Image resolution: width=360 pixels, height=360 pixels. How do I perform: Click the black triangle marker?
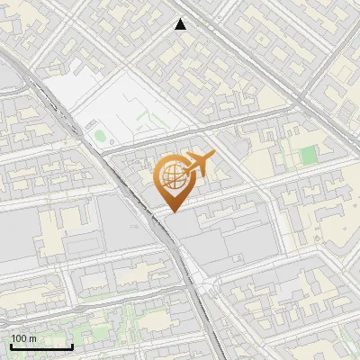[x=181, y=24]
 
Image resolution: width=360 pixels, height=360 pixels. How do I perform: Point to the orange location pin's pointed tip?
[x=172, y=212]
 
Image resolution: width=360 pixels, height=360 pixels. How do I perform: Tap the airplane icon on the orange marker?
[x=199, y=164]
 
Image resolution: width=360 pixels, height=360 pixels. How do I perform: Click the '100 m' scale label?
[x=23, y=338]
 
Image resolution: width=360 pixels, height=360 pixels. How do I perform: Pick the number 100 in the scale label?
[x=19, y=338]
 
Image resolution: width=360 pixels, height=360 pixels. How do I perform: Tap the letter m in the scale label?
[x=32, y=338]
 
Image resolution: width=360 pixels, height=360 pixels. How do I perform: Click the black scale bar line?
[x=41, y=346]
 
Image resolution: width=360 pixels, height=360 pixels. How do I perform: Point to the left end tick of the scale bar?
[x=11, y=345]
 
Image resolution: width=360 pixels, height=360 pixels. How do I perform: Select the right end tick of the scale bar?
[x=72, y=345]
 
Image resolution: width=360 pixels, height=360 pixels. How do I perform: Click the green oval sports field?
[x=99, y=136]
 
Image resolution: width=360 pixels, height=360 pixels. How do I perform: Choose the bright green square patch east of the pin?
[x=309, y=155]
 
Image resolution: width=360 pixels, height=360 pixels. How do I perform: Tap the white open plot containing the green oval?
[x=135, y=103]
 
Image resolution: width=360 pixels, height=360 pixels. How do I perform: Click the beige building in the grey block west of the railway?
[x=49, y=229]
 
